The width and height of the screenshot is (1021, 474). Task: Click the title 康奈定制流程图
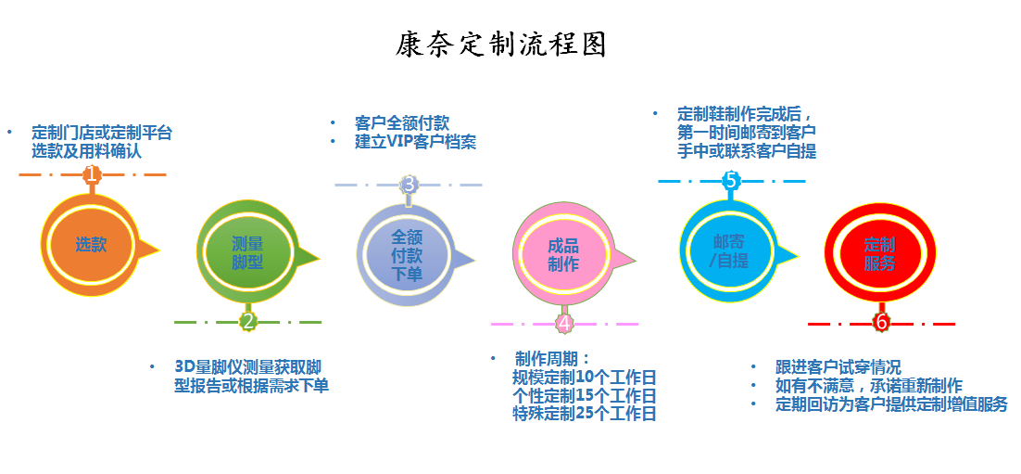[x=500, y=45]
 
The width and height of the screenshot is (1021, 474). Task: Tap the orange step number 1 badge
[x=93, y=174]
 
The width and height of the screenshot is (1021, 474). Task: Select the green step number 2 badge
[x=247, y=322]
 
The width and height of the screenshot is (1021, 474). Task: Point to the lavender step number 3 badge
[x=409, y=185]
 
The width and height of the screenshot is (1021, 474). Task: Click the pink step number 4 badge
[x=564, y=324]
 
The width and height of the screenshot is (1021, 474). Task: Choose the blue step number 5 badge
[x=731, y=181]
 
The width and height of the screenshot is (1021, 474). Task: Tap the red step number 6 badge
[x=881, y=323]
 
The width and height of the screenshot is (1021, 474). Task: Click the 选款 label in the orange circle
[x=91, y=246]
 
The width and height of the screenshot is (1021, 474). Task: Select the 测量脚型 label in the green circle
[x=247, y=254]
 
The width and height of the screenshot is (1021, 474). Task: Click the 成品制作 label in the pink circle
[x=563, y=256]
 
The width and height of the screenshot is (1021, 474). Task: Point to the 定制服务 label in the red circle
[x=879, y=254]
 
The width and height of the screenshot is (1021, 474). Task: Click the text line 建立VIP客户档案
[x=415, y=142]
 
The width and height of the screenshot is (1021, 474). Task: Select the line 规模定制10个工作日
[x=584, y=378]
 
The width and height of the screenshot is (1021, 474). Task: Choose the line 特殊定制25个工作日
[x=584, y=414]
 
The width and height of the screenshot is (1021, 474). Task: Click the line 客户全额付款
[x=402, y=123]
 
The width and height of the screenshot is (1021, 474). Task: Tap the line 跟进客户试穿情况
[x=838, y=367]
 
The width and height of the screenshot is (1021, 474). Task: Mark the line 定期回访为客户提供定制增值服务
[x=891, y=404]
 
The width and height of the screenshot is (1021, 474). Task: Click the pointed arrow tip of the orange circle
[x=159, y=248]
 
